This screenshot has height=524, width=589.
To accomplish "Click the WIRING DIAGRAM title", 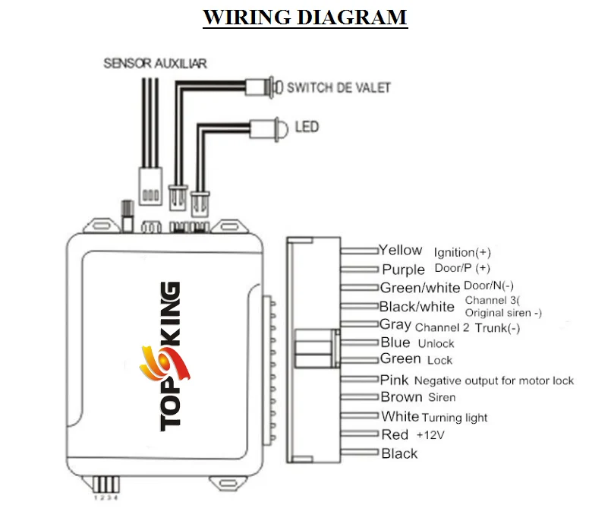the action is tap(305, 17).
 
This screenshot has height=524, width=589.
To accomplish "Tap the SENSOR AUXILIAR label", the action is tap(155, 63).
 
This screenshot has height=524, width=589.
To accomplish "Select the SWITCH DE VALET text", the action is tap(339, 87).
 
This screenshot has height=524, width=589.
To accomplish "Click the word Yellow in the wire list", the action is tap(401, 250).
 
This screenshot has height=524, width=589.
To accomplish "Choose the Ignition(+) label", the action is tap(462, 252).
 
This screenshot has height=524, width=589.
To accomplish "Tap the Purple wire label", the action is tap(404, 270).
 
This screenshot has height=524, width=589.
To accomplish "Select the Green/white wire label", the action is tap(420, 288).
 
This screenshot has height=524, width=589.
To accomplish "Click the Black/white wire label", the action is tap(417, 306).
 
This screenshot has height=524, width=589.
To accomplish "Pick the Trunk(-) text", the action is tap(497, 328).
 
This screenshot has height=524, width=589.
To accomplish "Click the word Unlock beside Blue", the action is tap(436, 343).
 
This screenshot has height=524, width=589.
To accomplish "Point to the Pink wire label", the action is tap(394, 380).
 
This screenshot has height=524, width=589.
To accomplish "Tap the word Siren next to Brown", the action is tap(442, 397).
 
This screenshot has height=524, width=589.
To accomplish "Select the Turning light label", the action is tap(455, 417).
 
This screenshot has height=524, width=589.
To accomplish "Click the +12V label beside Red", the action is tap(430, 435).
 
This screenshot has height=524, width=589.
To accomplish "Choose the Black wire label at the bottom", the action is tap(399, 453).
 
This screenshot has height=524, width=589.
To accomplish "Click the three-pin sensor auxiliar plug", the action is tap(150, 186).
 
